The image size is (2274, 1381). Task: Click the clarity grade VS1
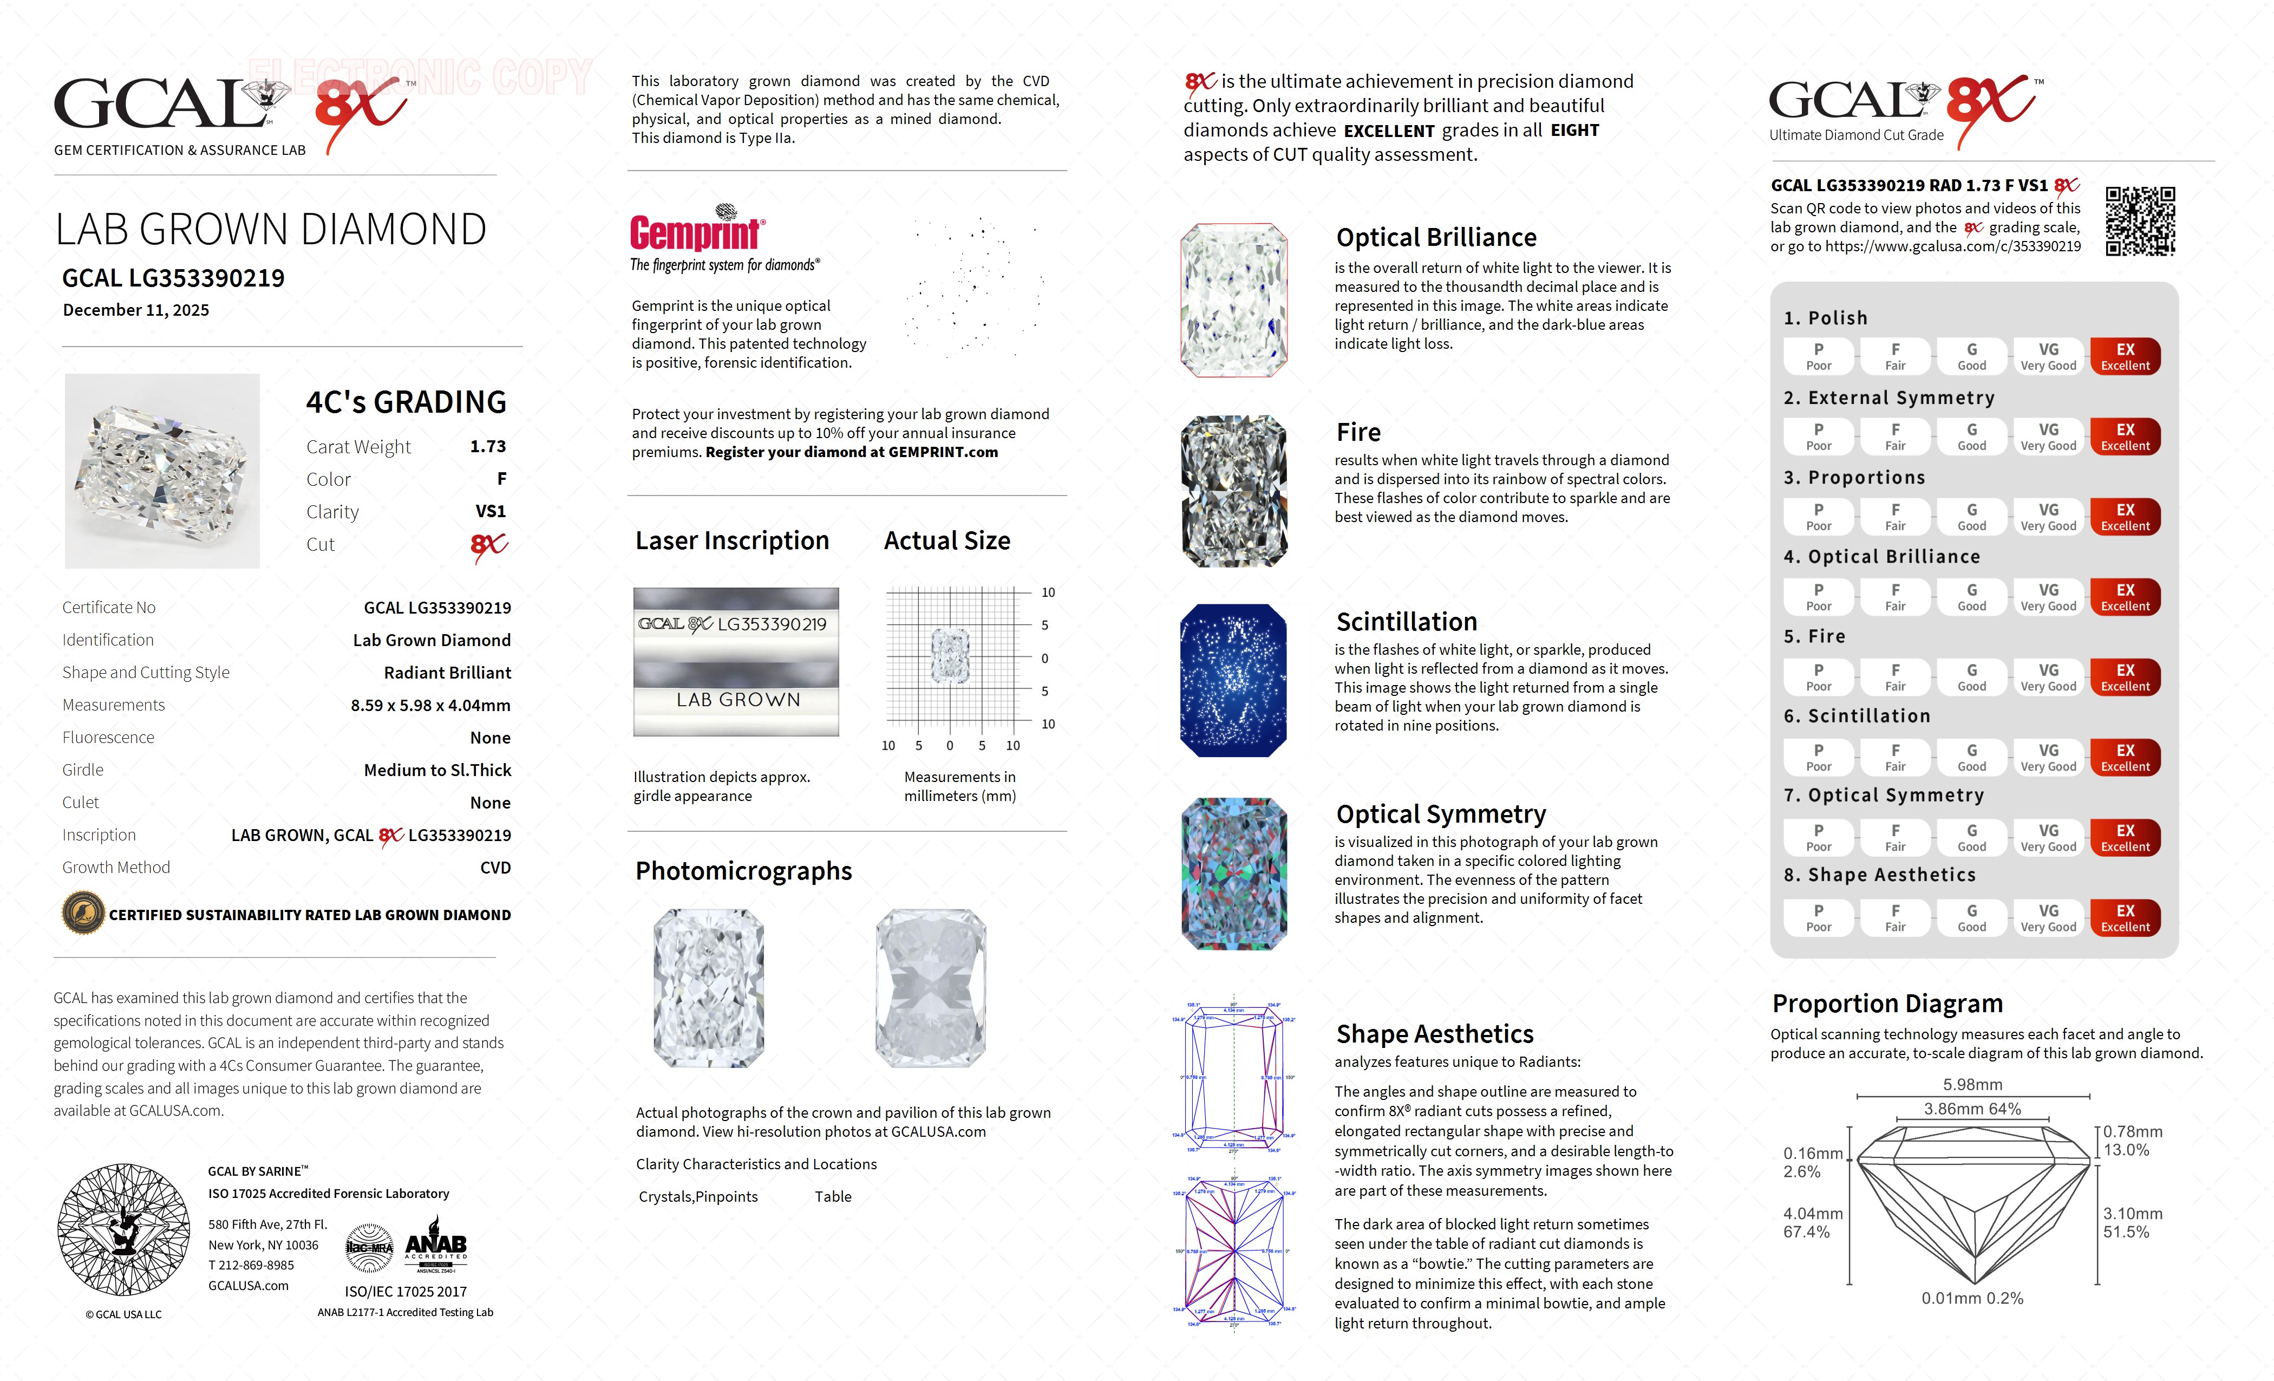(490, 511)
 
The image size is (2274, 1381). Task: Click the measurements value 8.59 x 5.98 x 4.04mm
(430, 705)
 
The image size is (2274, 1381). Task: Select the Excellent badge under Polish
(2125, 356)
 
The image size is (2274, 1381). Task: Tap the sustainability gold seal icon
(83, 914)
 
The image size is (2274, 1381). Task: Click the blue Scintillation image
(1233, 680)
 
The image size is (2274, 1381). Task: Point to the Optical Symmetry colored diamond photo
(1233, 873)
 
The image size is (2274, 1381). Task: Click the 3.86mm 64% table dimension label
(1972, 1109)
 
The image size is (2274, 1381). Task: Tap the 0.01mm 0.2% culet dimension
(1972, 1298)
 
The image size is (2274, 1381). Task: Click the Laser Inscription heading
(732, 541)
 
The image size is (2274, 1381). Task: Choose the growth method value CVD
(495, 868)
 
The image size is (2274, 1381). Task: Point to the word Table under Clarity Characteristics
(833, 1196)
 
